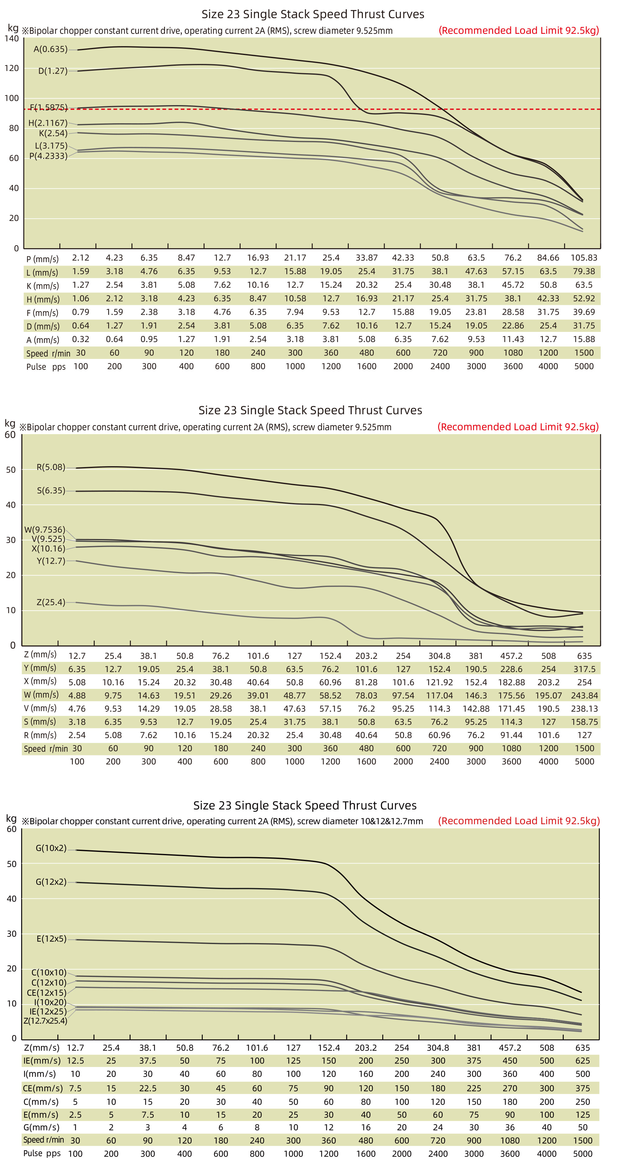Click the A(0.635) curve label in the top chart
tap(50, 49)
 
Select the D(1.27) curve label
tap(53, 71)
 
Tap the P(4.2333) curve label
tap(48, 156)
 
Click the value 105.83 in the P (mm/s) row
tap(583, 258)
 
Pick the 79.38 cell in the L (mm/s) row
tap(583, 271)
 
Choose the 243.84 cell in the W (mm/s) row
tap(584, 695)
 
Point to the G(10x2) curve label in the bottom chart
tap(51, 848)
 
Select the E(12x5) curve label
tap(51, 939)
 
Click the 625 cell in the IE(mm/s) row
tap(583, 1061)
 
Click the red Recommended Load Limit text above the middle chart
tap(518, 427)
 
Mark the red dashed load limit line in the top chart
tap(315, 109)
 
